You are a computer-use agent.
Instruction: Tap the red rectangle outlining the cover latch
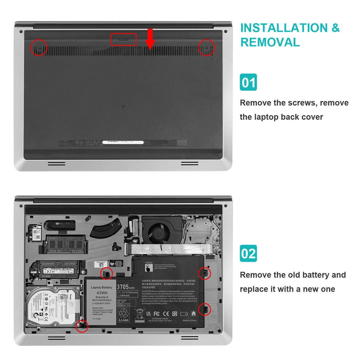123,39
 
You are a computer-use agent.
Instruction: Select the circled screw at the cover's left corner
39,48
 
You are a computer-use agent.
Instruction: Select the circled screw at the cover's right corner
206,48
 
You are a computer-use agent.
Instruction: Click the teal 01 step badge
248,82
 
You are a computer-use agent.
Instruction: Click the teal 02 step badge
248,254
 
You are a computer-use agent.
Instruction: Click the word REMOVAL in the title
270,42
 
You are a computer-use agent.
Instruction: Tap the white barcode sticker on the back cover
123,142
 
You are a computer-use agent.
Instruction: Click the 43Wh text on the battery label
102,292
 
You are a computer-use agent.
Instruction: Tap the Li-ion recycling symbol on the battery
124,314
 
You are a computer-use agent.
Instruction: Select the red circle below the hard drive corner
81,325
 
